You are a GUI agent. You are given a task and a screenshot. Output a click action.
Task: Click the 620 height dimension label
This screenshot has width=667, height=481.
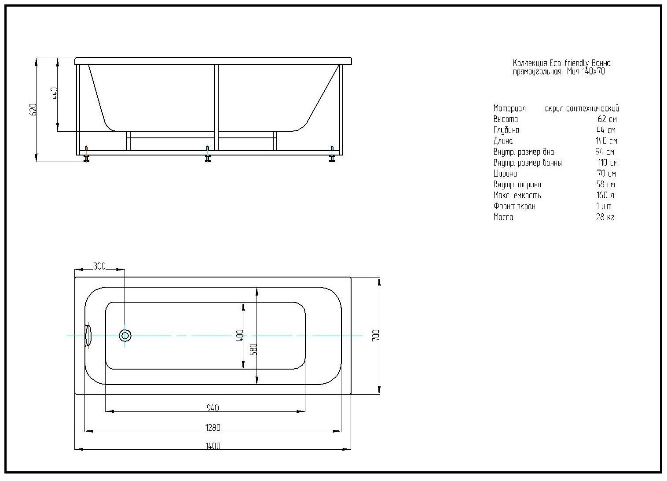pos(33,109)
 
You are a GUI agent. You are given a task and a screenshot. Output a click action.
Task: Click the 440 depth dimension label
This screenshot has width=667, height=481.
pos(54,94)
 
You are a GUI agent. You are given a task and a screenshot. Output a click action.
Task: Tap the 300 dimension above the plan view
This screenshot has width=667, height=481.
pos(100,266)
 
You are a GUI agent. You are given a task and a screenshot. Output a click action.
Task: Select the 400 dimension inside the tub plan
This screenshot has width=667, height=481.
pos(239,336)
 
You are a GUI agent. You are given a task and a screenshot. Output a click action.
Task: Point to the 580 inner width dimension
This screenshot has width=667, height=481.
pos(253,349)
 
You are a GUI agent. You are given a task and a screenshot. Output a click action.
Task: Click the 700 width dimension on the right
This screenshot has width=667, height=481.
pos(376,335)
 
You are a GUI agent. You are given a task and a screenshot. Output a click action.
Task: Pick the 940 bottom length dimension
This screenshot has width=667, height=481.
pos(213,408)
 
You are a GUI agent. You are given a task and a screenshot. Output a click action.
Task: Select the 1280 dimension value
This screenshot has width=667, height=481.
pos(213,428)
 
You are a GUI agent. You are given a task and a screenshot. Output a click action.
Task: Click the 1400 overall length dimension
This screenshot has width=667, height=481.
pos(213,446)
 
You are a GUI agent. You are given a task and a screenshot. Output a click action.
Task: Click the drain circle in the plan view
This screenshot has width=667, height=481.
pos(125,336)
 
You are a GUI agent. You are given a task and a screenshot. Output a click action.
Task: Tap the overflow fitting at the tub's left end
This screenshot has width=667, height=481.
pos(88,335)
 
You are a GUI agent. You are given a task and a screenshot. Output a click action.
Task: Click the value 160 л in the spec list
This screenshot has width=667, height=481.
pos(605,195)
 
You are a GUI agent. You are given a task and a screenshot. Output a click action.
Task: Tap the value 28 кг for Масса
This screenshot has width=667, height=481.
pos(605,217)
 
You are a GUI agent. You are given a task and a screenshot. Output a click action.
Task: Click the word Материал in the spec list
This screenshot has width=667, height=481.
pos(509,108)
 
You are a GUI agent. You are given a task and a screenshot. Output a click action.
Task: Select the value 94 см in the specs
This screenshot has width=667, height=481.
pos(605,152)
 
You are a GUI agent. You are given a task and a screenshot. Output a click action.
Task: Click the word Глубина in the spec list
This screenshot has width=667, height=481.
pos(506,130)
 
